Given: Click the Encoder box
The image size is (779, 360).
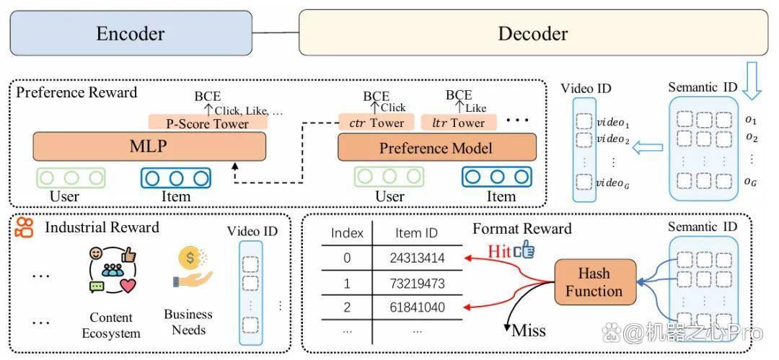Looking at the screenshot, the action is tap(131, 32).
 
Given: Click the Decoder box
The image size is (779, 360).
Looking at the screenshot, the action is tap(532, 32).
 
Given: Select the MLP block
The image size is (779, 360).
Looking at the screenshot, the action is tap(149, 146).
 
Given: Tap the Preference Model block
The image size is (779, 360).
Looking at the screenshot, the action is tap(436, 148).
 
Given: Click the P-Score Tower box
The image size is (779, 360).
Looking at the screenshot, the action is tap(208, 123).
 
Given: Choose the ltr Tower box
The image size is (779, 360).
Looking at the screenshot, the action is tap(459, 123).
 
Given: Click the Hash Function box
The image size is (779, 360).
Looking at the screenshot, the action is tap(594, 282).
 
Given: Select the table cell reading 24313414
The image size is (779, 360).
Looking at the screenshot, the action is tap(417, 258).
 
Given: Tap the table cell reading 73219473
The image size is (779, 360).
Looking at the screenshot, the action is tap(417, 284).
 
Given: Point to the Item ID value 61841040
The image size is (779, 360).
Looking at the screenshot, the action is tap(417, 307).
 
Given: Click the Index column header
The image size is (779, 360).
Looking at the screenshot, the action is tap(347, 233).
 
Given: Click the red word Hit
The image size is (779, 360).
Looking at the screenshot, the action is tap(499, 251).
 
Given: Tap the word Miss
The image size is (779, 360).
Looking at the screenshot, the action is tap(529, 330).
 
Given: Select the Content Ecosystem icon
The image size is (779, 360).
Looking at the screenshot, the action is tap(113, 269).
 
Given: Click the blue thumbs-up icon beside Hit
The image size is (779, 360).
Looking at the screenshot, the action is tap(524, 250).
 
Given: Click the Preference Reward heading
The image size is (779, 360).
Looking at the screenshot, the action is tap(76, 92).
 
